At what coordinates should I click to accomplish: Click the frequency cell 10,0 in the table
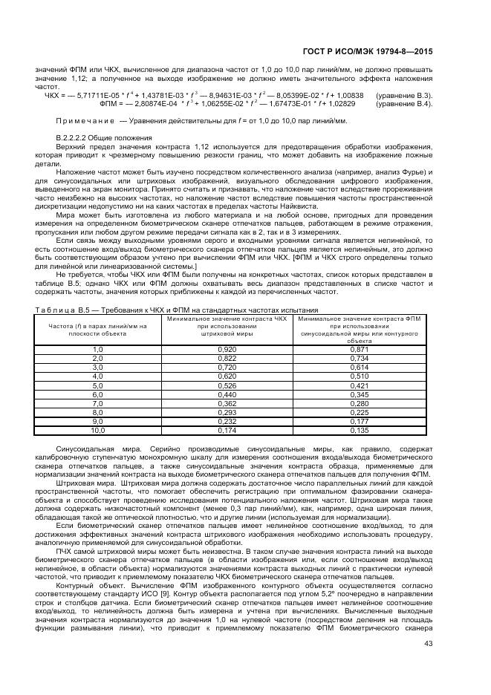coord(97,431)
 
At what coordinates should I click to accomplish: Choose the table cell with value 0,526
coord(227,385)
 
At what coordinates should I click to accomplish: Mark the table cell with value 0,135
coord(360,431)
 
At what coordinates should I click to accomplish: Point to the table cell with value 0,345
coord(360,394)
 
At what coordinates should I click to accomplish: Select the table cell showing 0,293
coord(227,412)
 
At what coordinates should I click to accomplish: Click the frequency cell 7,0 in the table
coord(97,403)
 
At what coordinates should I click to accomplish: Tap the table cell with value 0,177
coord(360,421)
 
